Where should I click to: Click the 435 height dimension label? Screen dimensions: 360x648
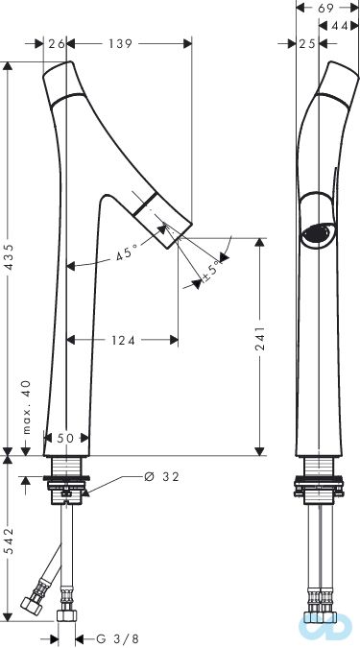[9, 258]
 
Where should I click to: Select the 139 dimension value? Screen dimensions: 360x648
[121, 43]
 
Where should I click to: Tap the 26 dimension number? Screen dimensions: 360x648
[56, 43]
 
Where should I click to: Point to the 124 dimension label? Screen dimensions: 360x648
[123, 340]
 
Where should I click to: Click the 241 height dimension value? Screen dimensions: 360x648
[260, 339]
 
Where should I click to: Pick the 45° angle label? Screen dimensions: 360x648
[127, 252]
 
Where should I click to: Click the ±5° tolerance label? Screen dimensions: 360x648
[211, 272]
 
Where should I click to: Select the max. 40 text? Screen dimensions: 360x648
[27, 407]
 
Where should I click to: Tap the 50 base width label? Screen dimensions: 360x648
[65, 438]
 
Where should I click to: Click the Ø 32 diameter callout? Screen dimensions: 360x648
[161, 477]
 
